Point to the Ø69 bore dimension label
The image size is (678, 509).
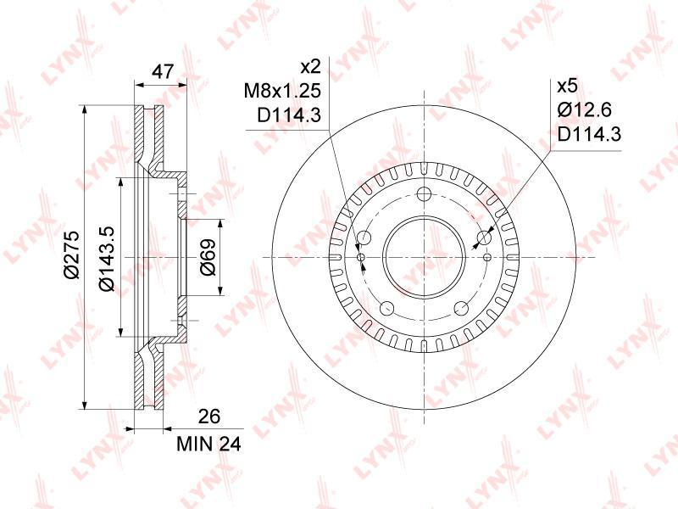pyautogui.click(x=208, y=257)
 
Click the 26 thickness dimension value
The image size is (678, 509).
pyautogui.click(x=208, y=416)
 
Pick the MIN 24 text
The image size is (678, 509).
pyautogui.click(x=208, y=444)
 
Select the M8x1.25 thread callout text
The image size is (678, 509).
pyautogui.click(x=282, y=91)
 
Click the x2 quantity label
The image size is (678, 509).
pyautogui.click(x=310, y=67)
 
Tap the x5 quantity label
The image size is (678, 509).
pyautogui.click(x=567, y=86)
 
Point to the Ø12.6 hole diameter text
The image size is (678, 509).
pyautogui.click(x=585, y=110)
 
